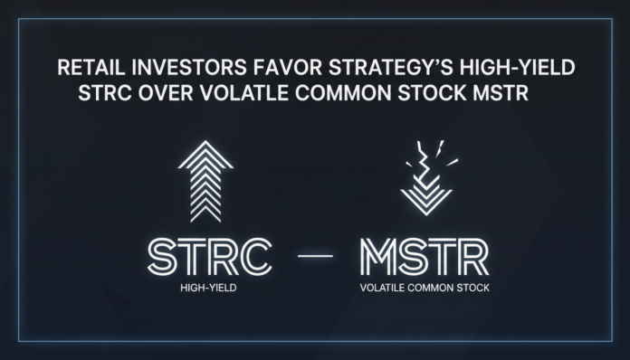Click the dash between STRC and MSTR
click(315, 259)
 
